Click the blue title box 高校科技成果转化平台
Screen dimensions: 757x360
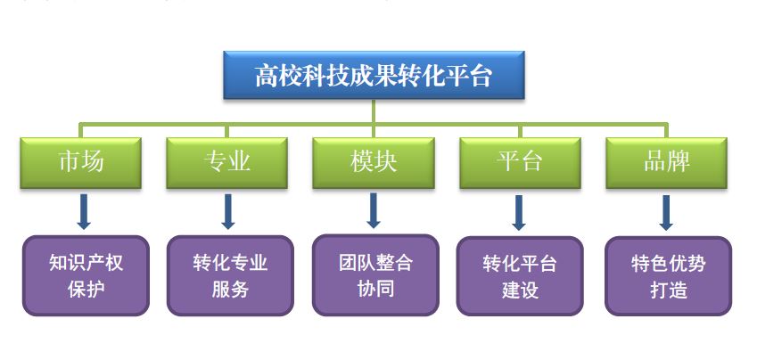(x=374, y=75)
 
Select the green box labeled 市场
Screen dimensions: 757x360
(x=80, y=163)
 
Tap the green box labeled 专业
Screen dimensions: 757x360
(x=226, y=163)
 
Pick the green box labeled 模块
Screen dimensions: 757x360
(x=374, y=163)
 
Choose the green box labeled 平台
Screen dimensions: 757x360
(x=520, y=163)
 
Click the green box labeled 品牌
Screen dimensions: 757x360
(x=666, y=163)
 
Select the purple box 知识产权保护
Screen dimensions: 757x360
(x=86, y=275)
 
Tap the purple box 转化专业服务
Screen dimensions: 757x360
(x=230, y=275)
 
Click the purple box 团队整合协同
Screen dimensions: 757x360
(x=375, y=275)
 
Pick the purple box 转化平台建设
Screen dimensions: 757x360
(x=520, y=276)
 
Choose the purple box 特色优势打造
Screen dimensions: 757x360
(x=668, y=276)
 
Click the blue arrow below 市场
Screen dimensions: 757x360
(x=84, y=211)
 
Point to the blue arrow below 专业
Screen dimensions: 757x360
(x=228, y=211)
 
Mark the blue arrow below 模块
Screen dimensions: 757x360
(x=374, y=210)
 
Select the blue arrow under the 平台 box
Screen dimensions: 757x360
(x=519, y=212)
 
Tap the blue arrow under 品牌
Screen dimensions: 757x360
(x=666, y=212)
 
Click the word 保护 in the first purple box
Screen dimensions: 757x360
(x=86, y=290)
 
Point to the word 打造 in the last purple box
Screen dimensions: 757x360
(x=669, y=290)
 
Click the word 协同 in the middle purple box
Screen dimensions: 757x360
(x=376, y=289)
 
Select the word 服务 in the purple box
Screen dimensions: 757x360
(x=230, y=290)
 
